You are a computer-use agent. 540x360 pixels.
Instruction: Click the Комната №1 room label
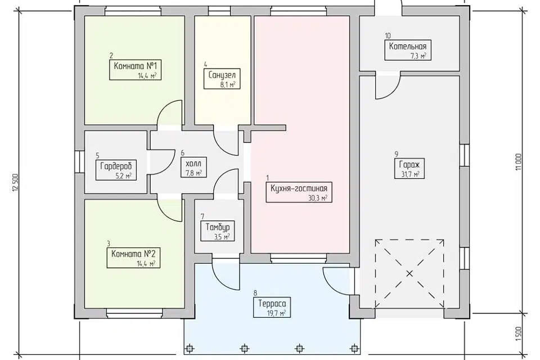click(x=136, y=70)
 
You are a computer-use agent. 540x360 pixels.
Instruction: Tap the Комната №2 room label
click(x=133, y=258)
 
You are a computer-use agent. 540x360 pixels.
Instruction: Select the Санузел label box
click(x=222, y=79)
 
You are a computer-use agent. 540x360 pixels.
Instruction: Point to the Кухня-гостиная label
click(x=299, y=192)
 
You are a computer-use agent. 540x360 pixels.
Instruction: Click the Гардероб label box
click(x=116, y=170)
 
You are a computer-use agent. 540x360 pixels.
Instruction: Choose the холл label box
click(x=193, y=168)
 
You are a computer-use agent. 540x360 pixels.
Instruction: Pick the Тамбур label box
click(x=218, y=231)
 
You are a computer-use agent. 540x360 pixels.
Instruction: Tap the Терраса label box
click(x=272, y=307)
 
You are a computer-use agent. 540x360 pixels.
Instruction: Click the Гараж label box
click(x=409, y=168)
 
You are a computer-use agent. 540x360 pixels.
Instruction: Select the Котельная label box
click(x=408, y=50)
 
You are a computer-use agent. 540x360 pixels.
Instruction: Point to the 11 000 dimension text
click(x=519, y=161)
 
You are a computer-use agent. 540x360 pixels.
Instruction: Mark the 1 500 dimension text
click(x=519, y=333)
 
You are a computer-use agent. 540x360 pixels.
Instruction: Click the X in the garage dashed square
click(x=409, y=274)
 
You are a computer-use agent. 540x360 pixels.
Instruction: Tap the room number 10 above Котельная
click(x=388, y=36)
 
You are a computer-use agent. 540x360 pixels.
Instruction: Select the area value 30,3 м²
click(x=318, y=197)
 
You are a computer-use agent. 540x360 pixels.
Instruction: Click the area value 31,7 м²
click(x=411, y=174)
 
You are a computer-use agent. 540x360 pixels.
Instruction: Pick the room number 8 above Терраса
click(x=255, y=293)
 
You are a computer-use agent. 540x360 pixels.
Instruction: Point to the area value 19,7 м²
click(x=276, y=313)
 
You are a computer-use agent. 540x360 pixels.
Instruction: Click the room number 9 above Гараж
click(x=397, y=154)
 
